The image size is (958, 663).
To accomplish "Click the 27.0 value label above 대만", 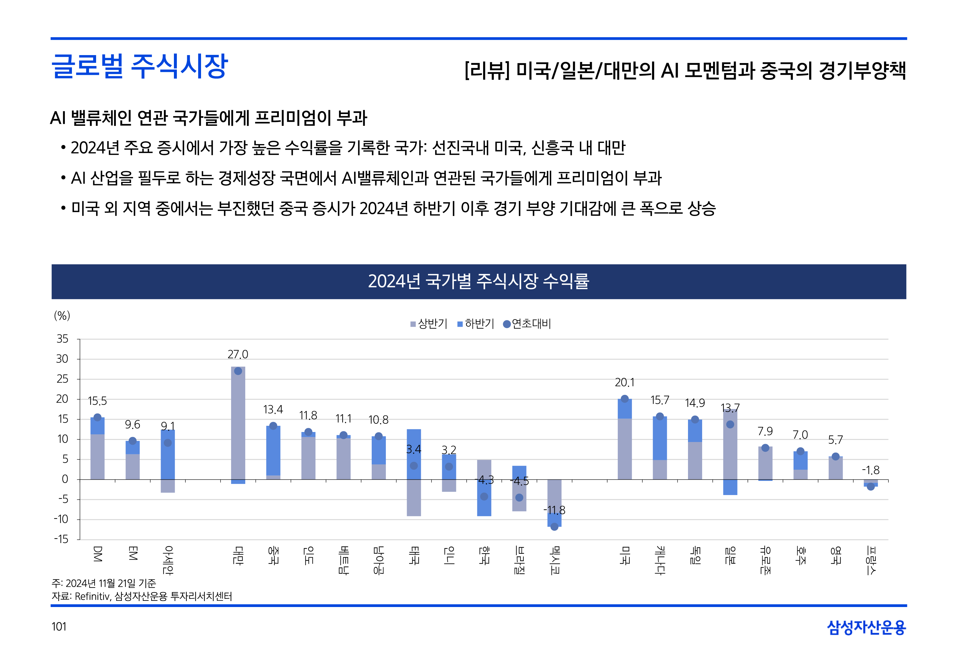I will point(238,354).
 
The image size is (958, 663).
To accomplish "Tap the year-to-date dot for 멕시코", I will point(554,527).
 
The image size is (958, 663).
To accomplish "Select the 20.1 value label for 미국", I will point(624,382).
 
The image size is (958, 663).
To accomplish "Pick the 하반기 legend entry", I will point(476,324).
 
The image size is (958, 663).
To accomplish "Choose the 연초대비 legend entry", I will point(527,324).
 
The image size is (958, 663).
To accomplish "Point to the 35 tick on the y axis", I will point(62,339).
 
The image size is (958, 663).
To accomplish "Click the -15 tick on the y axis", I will point(61,539).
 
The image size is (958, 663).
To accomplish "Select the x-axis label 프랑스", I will point(871,560).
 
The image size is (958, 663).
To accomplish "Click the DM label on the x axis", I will point(97,554).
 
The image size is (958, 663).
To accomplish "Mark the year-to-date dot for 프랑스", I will point(871,486).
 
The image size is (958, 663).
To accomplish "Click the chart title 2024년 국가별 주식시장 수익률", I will point(479,281).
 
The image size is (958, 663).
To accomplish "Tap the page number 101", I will point(59,626).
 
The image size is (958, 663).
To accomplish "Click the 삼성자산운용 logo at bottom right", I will point(866,627).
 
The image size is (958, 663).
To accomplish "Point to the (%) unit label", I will point(62,316).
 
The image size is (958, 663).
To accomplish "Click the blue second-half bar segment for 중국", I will point(273,451).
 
